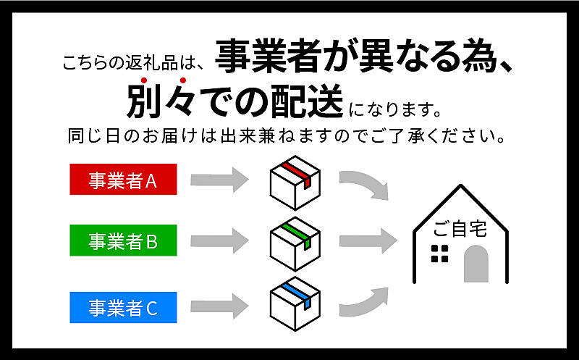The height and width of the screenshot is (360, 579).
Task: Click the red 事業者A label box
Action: click(123, 179)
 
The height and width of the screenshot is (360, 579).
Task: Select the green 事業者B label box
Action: click(123, 240)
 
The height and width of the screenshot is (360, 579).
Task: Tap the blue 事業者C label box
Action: click(123, 308)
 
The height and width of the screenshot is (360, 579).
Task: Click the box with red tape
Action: click(295, 183)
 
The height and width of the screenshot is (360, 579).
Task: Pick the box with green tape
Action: click(295, 244)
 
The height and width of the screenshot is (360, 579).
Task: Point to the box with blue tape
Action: click(295, 304)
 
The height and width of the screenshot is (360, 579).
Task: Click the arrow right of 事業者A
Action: click(219, 180)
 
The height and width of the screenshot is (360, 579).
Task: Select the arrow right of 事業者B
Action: click(219, 241)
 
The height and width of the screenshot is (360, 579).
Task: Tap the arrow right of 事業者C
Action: click(219, 306)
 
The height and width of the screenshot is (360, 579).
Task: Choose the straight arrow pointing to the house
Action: click(368, 241)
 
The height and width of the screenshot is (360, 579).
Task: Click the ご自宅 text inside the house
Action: click(460, 229)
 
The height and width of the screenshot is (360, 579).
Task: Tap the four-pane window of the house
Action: click(440, 254)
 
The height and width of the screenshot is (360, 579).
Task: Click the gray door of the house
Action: click(476, 264)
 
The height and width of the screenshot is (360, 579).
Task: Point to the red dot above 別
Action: click(144, 80)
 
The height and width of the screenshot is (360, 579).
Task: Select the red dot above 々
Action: click(182, 80)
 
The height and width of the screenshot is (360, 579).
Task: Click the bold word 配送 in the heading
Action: click(307, 101)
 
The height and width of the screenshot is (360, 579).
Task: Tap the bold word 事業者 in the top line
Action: click(268, 56)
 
